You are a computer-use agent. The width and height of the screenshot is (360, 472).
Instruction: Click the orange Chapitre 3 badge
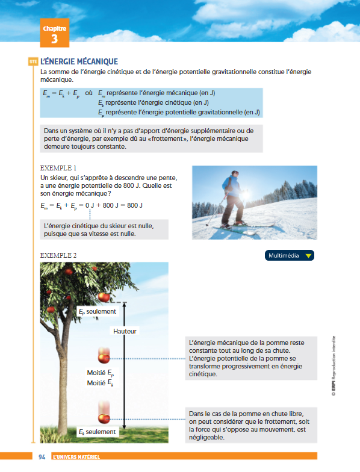coord(54,33)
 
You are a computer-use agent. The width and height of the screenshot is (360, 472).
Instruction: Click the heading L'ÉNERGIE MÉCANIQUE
coord(79,61)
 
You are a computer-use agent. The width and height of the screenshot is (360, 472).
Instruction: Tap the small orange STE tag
coord(33,61)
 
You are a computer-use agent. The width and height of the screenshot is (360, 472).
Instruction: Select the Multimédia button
coord(289,255)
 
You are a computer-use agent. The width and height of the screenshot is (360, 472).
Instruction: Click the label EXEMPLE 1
coord(58,168)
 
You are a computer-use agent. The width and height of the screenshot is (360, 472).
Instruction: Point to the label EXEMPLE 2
coord(58,255)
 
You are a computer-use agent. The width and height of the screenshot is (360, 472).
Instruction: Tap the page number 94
coord(42,456)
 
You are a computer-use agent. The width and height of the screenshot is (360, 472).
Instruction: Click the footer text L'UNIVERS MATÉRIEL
coord(76,456)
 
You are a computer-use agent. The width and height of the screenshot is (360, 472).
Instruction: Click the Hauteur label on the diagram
coord(125,331)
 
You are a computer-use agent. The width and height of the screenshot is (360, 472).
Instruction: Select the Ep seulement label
coord(98,312)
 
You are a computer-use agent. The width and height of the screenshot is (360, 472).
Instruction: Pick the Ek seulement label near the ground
coord(98,432)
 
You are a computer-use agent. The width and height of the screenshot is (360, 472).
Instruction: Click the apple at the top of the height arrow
coord(104,297)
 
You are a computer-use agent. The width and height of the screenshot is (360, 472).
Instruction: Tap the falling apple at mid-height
coord(104,358)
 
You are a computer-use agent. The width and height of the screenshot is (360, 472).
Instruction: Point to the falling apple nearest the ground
coord(104,418)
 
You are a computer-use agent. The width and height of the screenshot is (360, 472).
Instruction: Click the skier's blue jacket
coord(231,186)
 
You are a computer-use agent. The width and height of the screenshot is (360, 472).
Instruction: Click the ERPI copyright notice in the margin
coord(334,366)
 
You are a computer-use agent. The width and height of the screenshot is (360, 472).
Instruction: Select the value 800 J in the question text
coord(132,185)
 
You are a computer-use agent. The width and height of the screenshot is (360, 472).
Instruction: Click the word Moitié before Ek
coord(96,383)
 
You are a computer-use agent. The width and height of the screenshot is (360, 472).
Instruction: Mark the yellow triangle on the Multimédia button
coord(308,256)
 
